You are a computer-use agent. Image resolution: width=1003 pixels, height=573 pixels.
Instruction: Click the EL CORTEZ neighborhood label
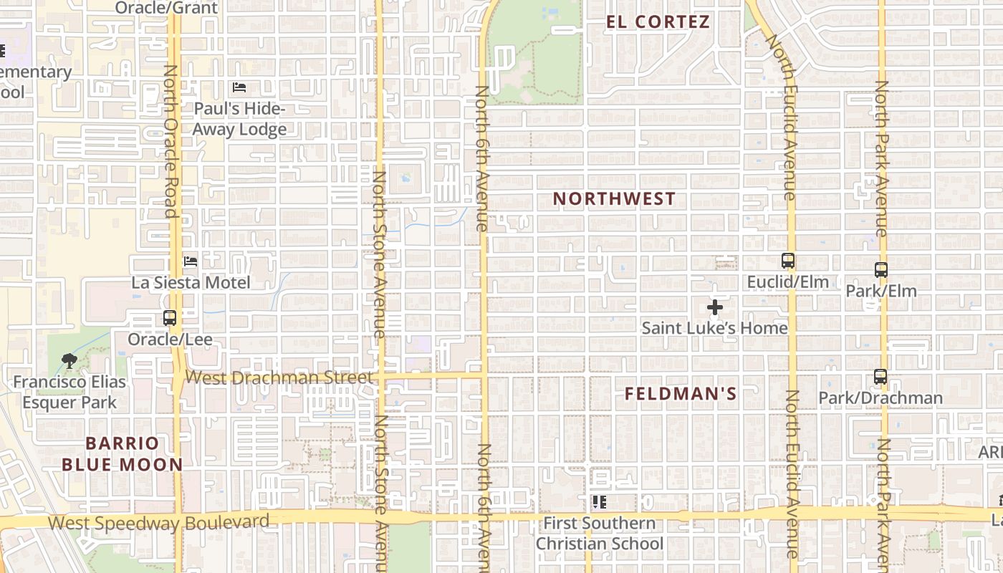(658, 21)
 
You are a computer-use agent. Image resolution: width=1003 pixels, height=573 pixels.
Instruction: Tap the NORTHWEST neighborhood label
(614, 198)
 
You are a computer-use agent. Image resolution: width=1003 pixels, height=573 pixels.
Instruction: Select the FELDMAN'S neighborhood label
(681, 393)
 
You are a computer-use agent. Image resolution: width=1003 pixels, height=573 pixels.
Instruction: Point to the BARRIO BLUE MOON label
(122, 453)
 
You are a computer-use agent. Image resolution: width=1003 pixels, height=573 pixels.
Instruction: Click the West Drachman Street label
(279, 377)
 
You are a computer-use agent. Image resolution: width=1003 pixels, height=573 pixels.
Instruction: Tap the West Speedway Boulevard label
(158, 522)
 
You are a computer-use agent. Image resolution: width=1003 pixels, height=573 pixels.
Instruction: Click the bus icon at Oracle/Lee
(170, 318)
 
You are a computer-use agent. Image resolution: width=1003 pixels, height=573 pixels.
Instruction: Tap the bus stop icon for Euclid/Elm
(788, 261)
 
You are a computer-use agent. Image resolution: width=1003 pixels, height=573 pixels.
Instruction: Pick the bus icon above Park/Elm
(881, 270)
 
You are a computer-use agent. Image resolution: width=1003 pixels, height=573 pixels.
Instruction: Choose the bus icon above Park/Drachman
(880, 377)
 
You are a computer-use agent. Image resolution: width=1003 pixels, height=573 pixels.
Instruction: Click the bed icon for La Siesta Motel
(191, 261)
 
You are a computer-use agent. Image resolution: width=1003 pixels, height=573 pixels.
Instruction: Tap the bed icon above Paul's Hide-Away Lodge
(239, 87)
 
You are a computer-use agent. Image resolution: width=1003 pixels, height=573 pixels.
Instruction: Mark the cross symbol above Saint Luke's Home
(714, 307)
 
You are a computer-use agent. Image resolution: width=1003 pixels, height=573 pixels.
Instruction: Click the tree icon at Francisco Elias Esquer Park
(69, 361)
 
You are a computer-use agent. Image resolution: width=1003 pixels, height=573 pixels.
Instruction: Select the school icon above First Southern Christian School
(599, 502)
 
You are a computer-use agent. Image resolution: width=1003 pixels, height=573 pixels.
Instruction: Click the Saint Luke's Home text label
(714, 328)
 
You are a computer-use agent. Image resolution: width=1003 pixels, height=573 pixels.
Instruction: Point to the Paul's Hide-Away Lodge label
(240, 119)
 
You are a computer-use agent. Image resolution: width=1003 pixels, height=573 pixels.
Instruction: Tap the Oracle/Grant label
(166, 8)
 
